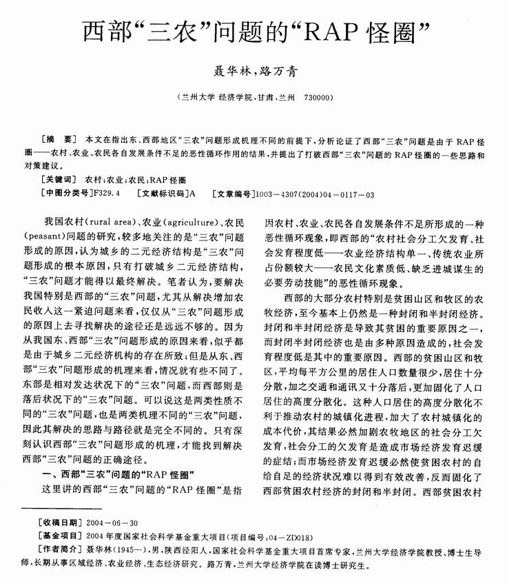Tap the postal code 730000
click(x=318, y=99)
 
